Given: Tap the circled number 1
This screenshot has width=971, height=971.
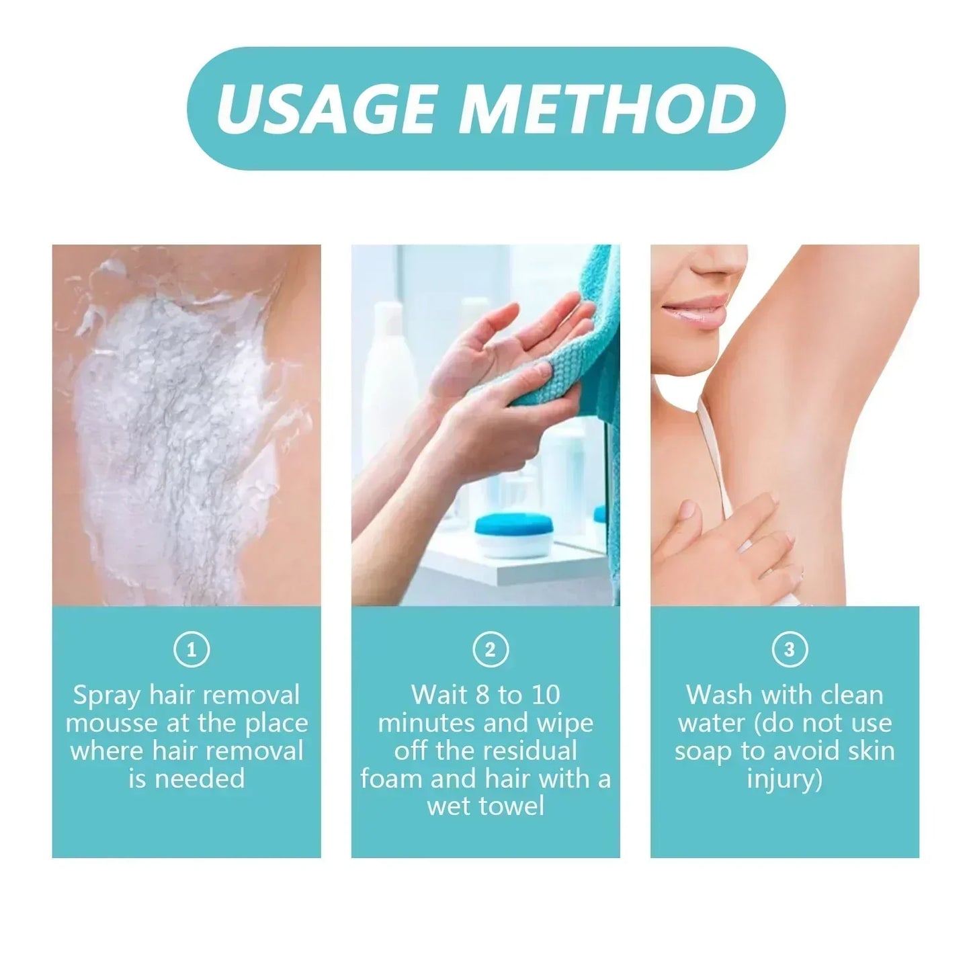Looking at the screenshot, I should coord(192,650).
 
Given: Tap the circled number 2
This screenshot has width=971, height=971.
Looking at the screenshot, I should coord(490,650).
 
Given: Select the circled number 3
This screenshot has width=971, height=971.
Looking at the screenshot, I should coord(789,650).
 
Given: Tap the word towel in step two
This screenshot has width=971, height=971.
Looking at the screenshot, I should coord(512,807).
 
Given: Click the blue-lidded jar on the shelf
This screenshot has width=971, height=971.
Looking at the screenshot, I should coord(512,536).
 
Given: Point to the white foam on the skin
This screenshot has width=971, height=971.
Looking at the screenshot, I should coord(168,417).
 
